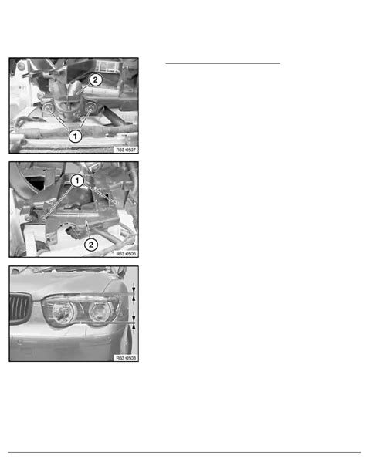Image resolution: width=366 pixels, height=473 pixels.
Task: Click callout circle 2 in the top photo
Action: pos(96,80)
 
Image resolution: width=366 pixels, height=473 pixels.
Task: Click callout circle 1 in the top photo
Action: pos(75,137)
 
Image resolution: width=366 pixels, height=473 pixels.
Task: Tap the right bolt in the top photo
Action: pos(90,106)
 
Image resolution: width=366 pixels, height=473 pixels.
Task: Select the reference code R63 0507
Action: pos(126,150)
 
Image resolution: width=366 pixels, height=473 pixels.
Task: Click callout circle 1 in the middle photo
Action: pos(77,181)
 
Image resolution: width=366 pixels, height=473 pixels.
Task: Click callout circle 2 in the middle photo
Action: pos(91,245)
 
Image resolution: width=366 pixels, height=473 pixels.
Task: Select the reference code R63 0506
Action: pos(126,254)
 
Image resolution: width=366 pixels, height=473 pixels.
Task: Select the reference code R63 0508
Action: pos(126,358)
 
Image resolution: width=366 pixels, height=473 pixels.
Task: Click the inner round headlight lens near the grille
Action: pos(63,312)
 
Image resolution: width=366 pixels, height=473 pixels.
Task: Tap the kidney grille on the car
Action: pos(21,309)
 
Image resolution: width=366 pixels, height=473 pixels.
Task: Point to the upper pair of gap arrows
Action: pos(134,294)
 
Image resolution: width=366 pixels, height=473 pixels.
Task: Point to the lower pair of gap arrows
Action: pos(134,323)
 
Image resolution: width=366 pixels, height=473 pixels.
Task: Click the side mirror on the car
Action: pos(121,272)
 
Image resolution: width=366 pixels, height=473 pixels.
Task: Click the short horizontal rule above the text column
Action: pos(223,63)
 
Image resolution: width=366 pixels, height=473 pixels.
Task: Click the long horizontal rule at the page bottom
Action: pos(185,452)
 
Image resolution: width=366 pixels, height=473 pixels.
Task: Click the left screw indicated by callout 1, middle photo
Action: pos(46,217)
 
